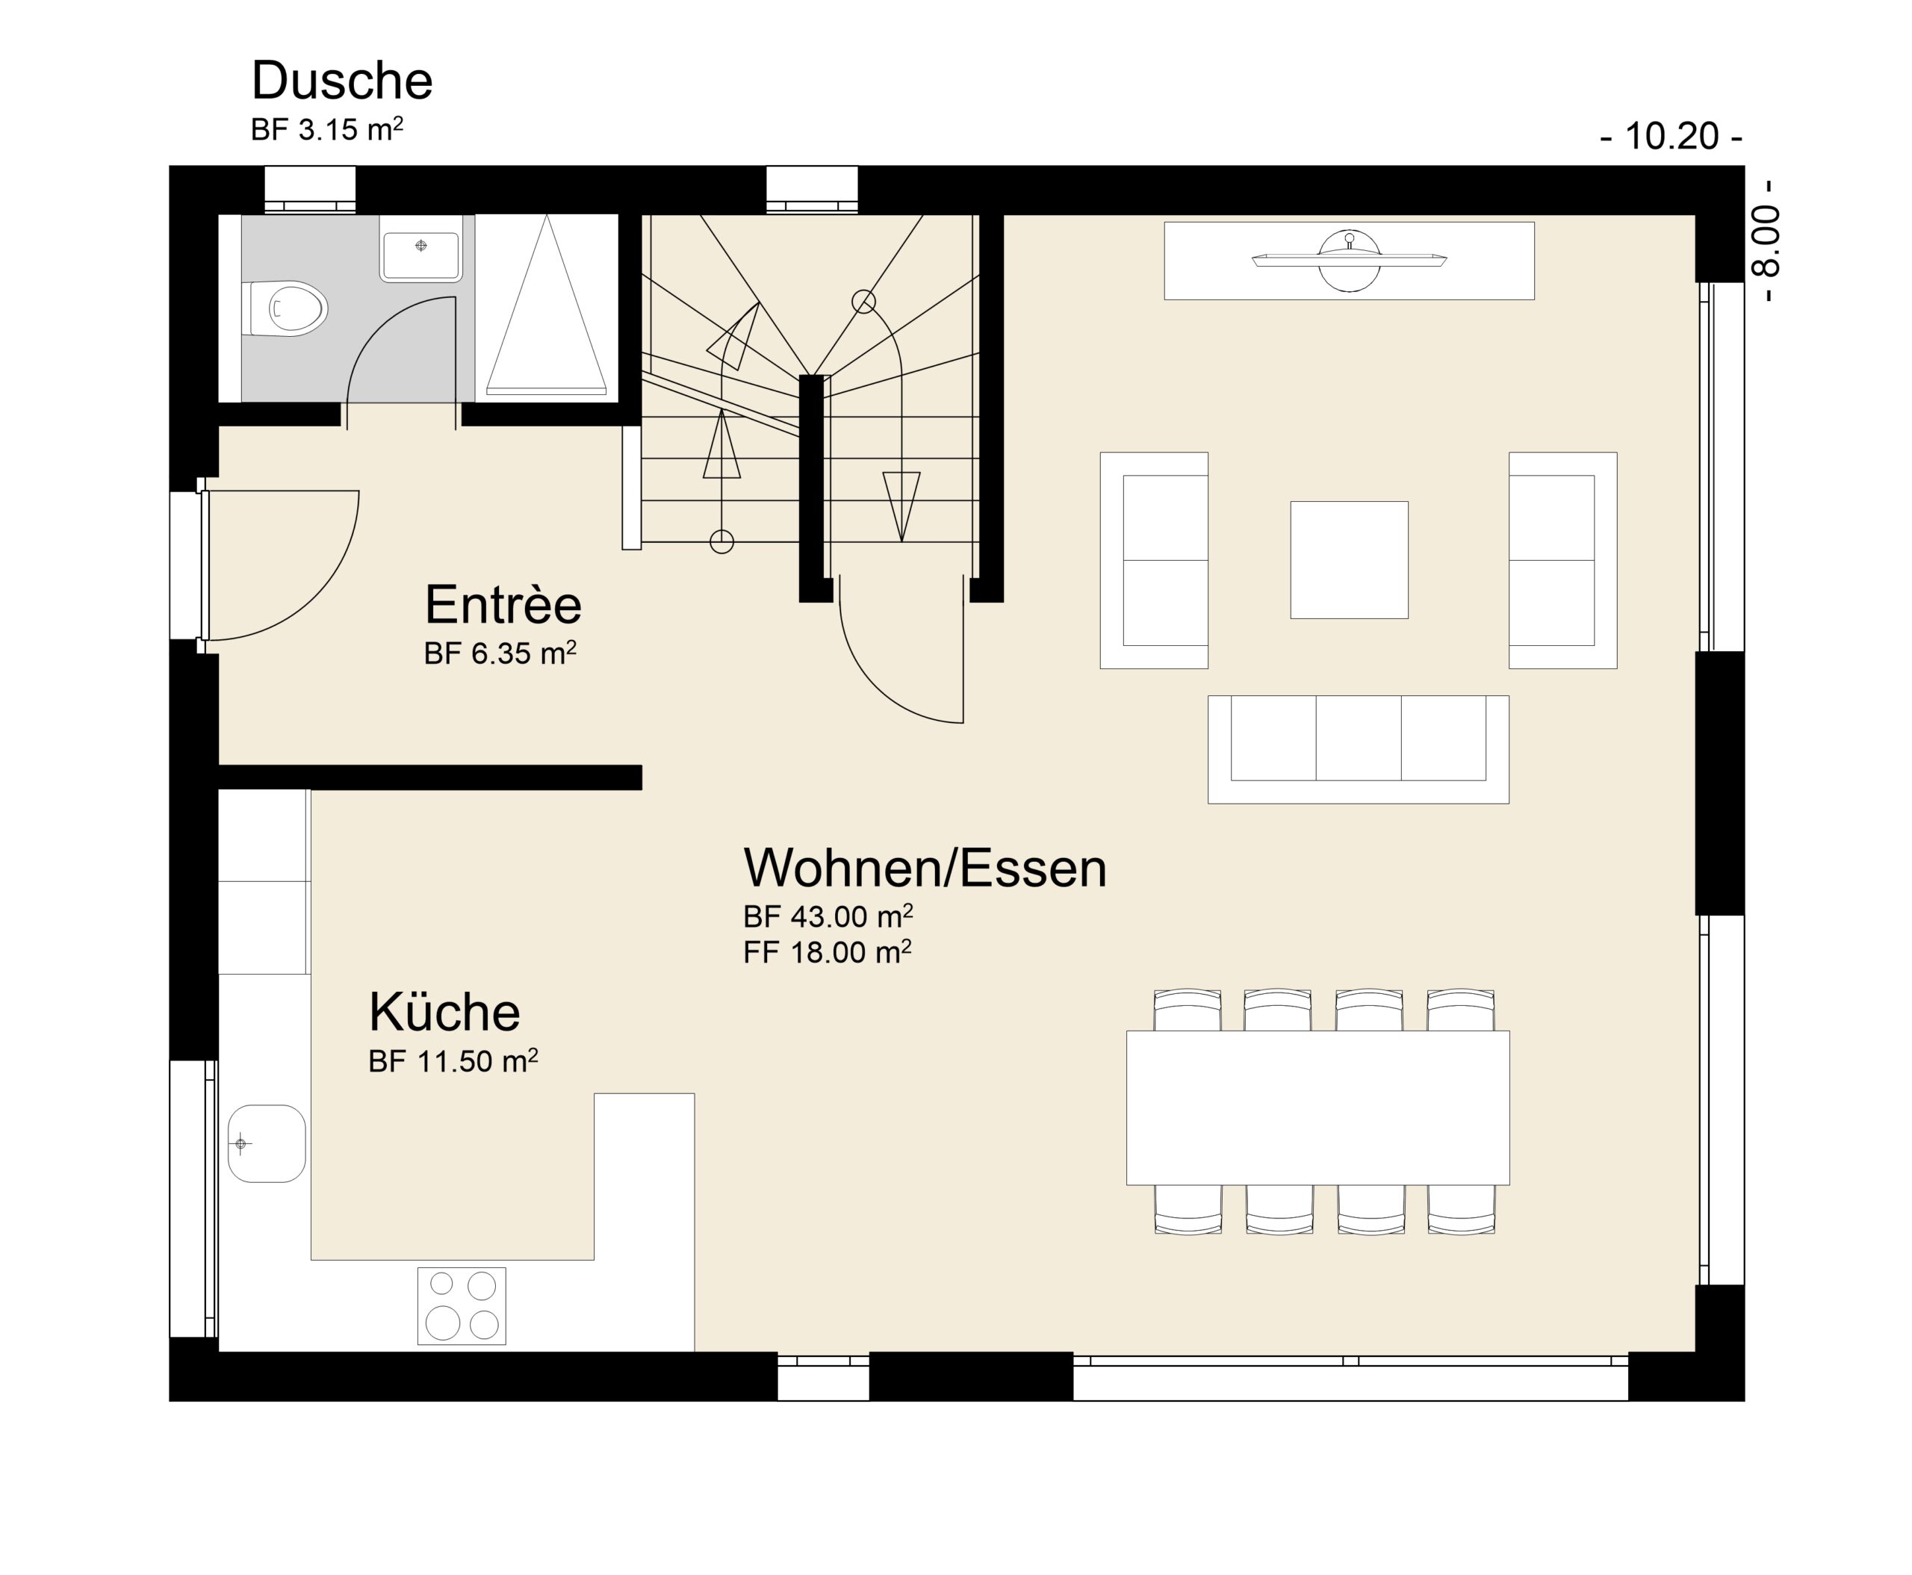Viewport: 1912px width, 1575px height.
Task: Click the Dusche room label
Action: [341, 81]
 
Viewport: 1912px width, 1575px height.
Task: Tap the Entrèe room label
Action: [503, 604]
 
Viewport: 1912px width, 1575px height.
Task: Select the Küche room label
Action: [444, 1012]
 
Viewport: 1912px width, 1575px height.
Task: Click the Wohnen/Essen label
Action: [925, 869]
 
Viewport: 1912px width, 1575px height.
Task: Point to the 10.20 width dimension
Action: [1671, 136]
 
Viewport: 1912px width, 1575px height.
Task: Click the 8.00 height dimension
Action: [1766, 241]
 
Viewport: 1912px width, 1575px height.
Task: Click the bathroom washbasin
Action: [420, 254]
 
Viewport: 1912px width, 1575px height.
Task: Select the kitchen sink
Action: [266, 1143]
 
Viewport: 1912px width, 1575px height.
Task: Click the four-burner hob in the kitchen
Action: [461, 1305]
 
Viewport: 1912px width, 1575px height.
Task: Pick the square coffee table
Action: [1348, 560]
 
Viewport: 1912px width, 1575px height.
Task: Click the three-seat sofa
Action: [1358, 749]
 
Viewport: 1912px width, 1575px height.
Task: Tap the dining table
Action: [1317, 1108]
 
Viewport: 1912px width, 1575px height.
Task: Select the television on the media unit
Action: [1348, 261]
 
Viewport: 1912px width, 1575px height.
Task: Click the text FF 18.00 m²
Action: [827, 951]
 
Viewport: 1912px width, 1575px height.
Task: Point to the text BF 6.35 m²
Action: [500, 653]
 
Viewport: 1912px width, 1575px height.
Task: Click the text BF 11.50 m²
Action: [453, 1060]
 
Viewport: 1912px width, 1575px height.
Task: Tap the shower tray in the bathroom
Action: [546, 308]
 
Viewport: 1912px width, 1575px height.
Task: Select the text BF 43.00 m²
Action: [828, 916]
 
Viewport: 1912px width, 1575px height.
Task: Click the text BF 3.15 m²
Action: [326, 130]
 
